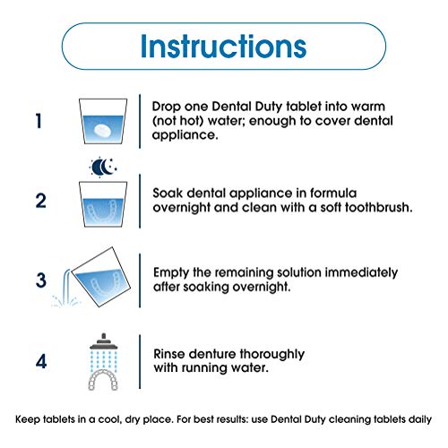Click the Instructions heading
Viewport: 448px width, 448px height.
tap(223, 47)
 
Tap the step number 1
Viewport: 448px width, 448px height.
tap(39, 121)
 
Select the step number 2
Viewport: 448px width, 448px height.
tap(41, 201)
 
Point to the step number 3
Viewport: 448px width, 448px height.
tap(41, 280)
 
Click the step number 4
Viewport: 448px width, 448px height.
tap(41, 361)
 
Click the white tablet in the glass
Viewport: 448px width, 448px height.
tap(102, 130)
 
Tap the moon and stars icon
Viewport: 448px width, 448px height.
tap(103, 167)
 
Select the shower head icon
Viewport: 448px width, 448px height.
tap(103, 341)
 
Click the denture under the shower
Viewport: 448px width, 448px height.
tap(103, 379)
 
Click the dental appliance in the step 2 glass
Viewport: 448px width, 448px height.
tap(103, 211)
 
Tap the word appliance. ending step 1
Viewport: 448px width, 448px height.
tap(185, 135)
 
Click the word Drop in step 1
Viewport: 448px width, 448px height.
tap(166, 107)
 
